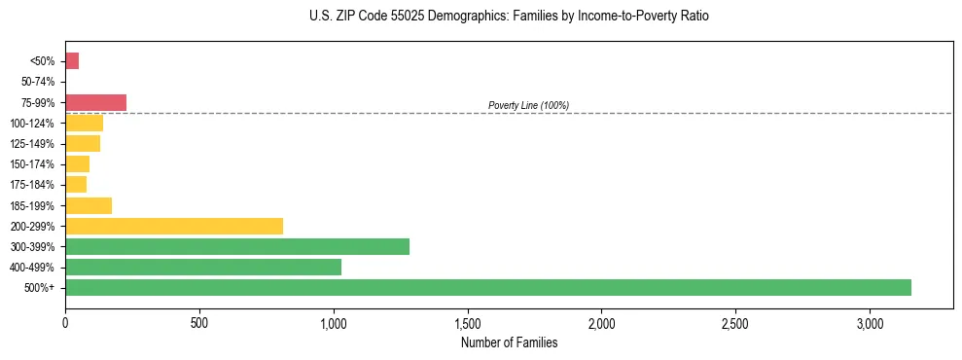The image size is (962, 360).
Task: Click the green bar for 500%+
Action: click(487, 287)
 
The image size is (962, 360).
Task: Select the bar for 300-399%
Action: click(236, 246)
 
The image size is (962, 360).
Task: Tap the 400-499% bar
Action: click(202, 267)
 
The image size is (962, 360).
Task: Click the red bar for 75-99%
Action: click(95, 102)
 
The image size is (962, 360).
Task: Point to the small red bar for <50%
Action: click(72, 61)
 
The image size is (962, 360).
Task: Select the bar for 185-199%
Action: click(89, 205)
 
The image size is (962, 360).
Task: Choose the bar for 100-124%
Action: click(84, 123)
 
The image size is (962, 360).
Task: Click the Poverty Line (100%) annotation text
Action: click(528, 105)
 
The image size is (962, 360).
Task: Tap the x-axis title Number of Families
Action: click(509, 342)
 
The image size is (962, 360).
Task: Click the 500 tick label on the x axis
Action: click(199, 323)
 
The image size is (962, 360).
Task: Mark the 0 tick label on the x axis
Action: click(65, 323)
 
